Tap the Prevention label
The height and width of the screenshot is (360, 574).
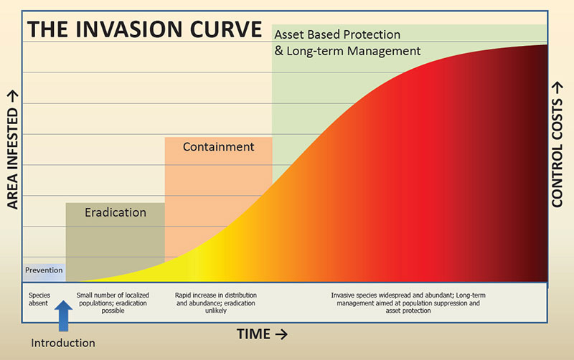44,270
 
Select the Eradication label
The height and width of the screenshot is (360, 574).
116,212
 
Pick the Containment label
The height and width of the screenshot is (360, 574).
218,147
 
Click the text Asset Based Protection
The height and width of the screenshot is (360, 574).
337,34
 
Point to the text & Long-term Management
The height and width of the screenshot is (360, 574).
347,51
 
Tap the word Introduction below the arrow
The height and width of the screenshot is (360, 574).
63,342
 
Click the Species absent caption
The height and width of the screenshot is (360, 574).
39,299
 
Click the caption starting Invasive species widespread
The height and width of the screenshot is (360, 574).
406,295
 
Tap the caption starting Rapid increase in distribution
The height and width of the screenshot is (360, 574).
216,295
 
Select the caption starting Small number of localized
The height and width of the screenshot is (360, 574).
113,295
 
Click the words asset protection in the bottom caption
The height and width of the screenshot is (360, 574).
406,311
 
